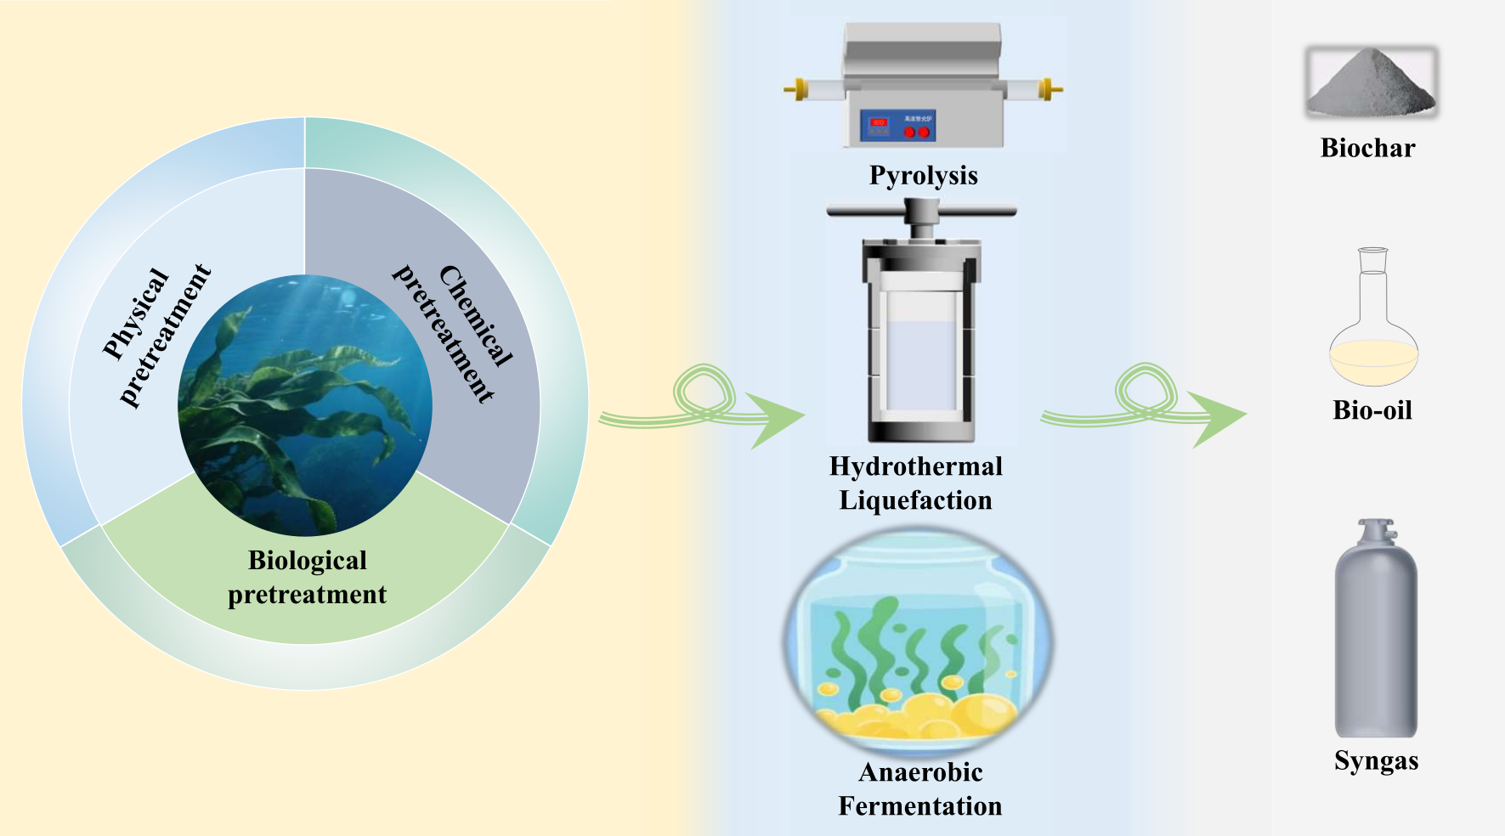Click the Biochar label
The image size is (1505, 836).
point(1367,148)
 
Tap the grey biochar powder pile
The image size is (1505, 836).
point(1371,84)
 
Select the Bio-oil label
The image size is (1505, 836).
point(1372,410)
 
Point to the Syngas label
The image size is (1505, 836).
point(1376,760)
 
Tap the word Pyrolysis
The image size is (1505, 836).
point(923,175)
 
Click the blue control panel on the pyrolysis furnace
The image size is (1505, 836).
point(897,126)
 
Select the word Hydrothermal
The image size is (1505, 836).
point(915,466)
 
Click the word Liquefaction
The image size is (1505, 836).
point(915,500)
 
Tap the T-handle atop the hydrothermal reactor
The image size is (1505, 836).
point(921,209)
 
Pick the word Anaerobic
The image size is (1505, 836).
point(920,771)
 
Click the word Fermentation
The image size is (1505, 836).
point(919,805)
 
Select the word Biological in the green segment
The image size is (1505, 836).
point(307,561)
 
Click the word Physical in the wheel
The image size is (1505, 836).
point(136,313)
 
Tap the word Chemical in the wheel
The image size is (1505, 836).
point(476,315)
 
